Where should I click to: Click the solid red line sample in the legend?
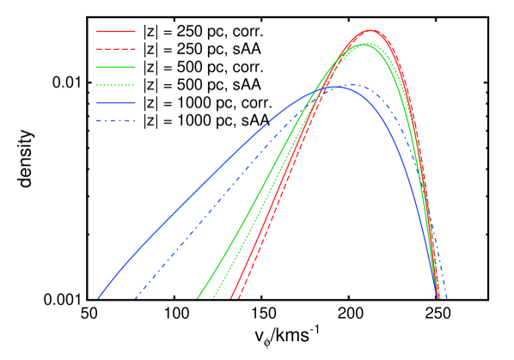pos(115,32)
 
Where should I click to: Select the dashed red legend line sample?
pos(115,49)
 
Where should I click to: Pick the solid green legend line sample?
pos(115,67)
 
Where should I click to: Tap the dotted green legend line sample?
pos(115,85)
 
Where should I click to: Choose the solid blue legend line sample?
pos(115,102)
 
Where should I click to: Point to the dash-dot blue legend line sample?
pos(115,120)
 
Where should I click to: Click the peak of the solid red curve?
pos(370,30)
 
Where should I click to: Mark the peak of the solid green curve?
pos(364,44)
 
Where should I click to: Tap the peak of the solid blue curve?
pos(339,87)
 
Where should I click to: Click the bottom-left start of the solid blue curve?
pos(98,298)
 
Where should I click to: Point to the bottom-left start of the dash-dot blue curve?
pos(136,298)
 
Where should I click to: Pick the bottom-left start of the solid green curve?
pos(198,298)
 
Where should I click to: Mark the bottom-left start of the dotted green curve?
pos(213,298)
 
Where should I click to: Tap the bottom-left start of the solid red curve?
pos(230,298)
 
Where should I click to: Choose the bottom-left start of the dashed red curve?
pos(237,298)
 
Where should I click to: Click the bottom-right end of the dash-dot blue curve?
pos(447,298)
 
